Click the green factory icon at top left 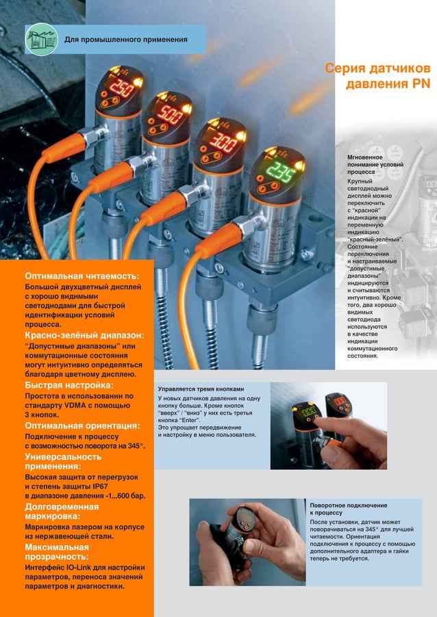[x=41, y=40]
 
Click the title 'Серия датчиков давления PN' [x=377, y=77]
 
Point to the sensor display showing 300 [x=221, y=144]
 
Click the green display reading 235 [x=279, y=170]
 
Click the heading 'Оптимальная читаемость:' [x=81, y=274]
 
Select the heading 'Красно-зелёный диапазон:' [x=84, y=336]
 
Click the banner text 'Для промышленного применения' [x=125, y=40]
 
